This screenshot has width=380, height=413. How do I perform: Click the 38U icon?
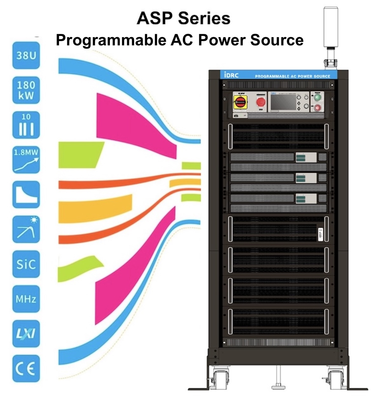(26, 56)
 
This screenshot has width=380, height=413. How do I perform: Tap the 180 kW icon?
(26, 90)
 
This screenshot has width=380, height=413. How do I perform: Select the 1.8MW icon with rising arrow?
(26, 160)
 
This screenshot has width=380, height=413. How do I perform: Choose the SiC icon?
(26, 264)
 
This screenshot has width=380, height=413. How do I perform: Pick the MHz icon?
(26, 299)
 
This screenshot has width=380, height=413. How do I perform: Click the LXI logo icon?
(26, 334)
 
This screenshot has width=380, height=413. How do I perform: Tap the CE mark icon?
(26, 369)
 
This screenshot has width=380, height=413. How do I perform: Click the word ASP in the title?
(155, 18)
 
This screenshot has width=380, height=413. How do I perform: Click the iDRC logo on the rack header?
(231, 75)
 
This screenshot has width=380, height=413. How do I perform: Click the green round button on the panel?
(317, 98)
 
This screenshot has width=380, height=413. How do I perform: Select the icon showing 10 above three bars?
(26, 125)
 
